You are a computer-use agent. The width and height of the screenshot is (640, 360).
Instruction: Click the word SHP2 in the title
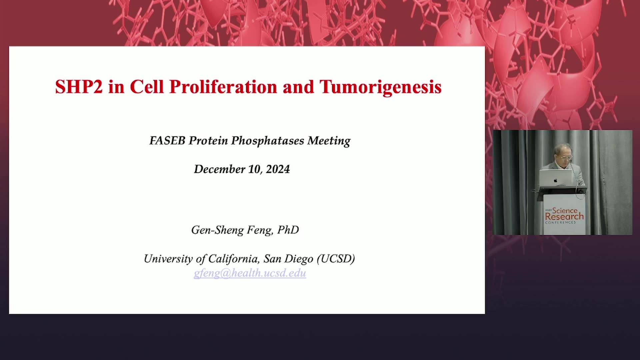pyautogui.click(x=79, y=87)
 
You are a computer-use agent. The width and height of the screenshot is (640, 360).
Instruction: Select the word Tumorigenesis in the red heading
pyautogui.click(x=381, y=87)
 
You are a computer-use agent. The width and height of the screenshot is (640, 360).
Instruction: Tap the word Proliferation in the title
pyautogui.click(x=223, y=87)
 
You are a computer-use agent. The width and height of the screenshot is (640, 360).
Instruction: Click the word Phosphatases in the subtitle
pyautogui.click(x=268, y=141)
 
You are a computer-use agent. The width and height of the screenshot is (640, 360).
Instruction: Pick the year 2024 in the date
pyautogui.click(x=278, y=169)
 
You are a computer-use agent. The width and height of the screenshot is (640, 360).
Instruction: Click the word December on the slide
pyautogui.click(x=220, y=169)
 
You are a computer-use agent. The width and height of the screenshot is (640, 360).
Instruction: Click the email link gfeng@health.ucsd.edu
pyautogui.click(x=250, y=273)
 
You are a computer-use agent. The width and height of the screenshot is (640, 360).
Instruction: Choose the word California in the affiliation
pyautogui.click(x=234, y=259)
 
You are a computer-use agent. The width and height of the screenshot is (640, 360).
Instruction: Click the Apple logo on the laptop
pyautogui.click(x=555, y=180)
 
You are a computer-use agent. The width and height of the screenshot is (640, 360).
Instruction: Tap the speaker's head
pyautogui.click(x=563, y=154)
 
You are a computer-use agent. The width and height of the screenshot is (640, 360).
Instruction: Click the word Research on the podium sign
pyautogui.click(x=564, y=216)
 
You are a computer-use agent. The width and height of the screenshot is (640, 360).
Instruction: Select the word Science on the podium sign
pyautogui.click(x=565, y=210)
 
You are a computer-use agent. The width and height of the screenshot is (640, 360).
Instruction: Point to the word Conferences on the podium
pyautogui.click(x=560, y=222)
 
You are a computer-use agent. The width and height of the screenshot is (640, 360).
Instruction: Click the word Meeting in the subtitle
pyautogui.click(x=329, y=141)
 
